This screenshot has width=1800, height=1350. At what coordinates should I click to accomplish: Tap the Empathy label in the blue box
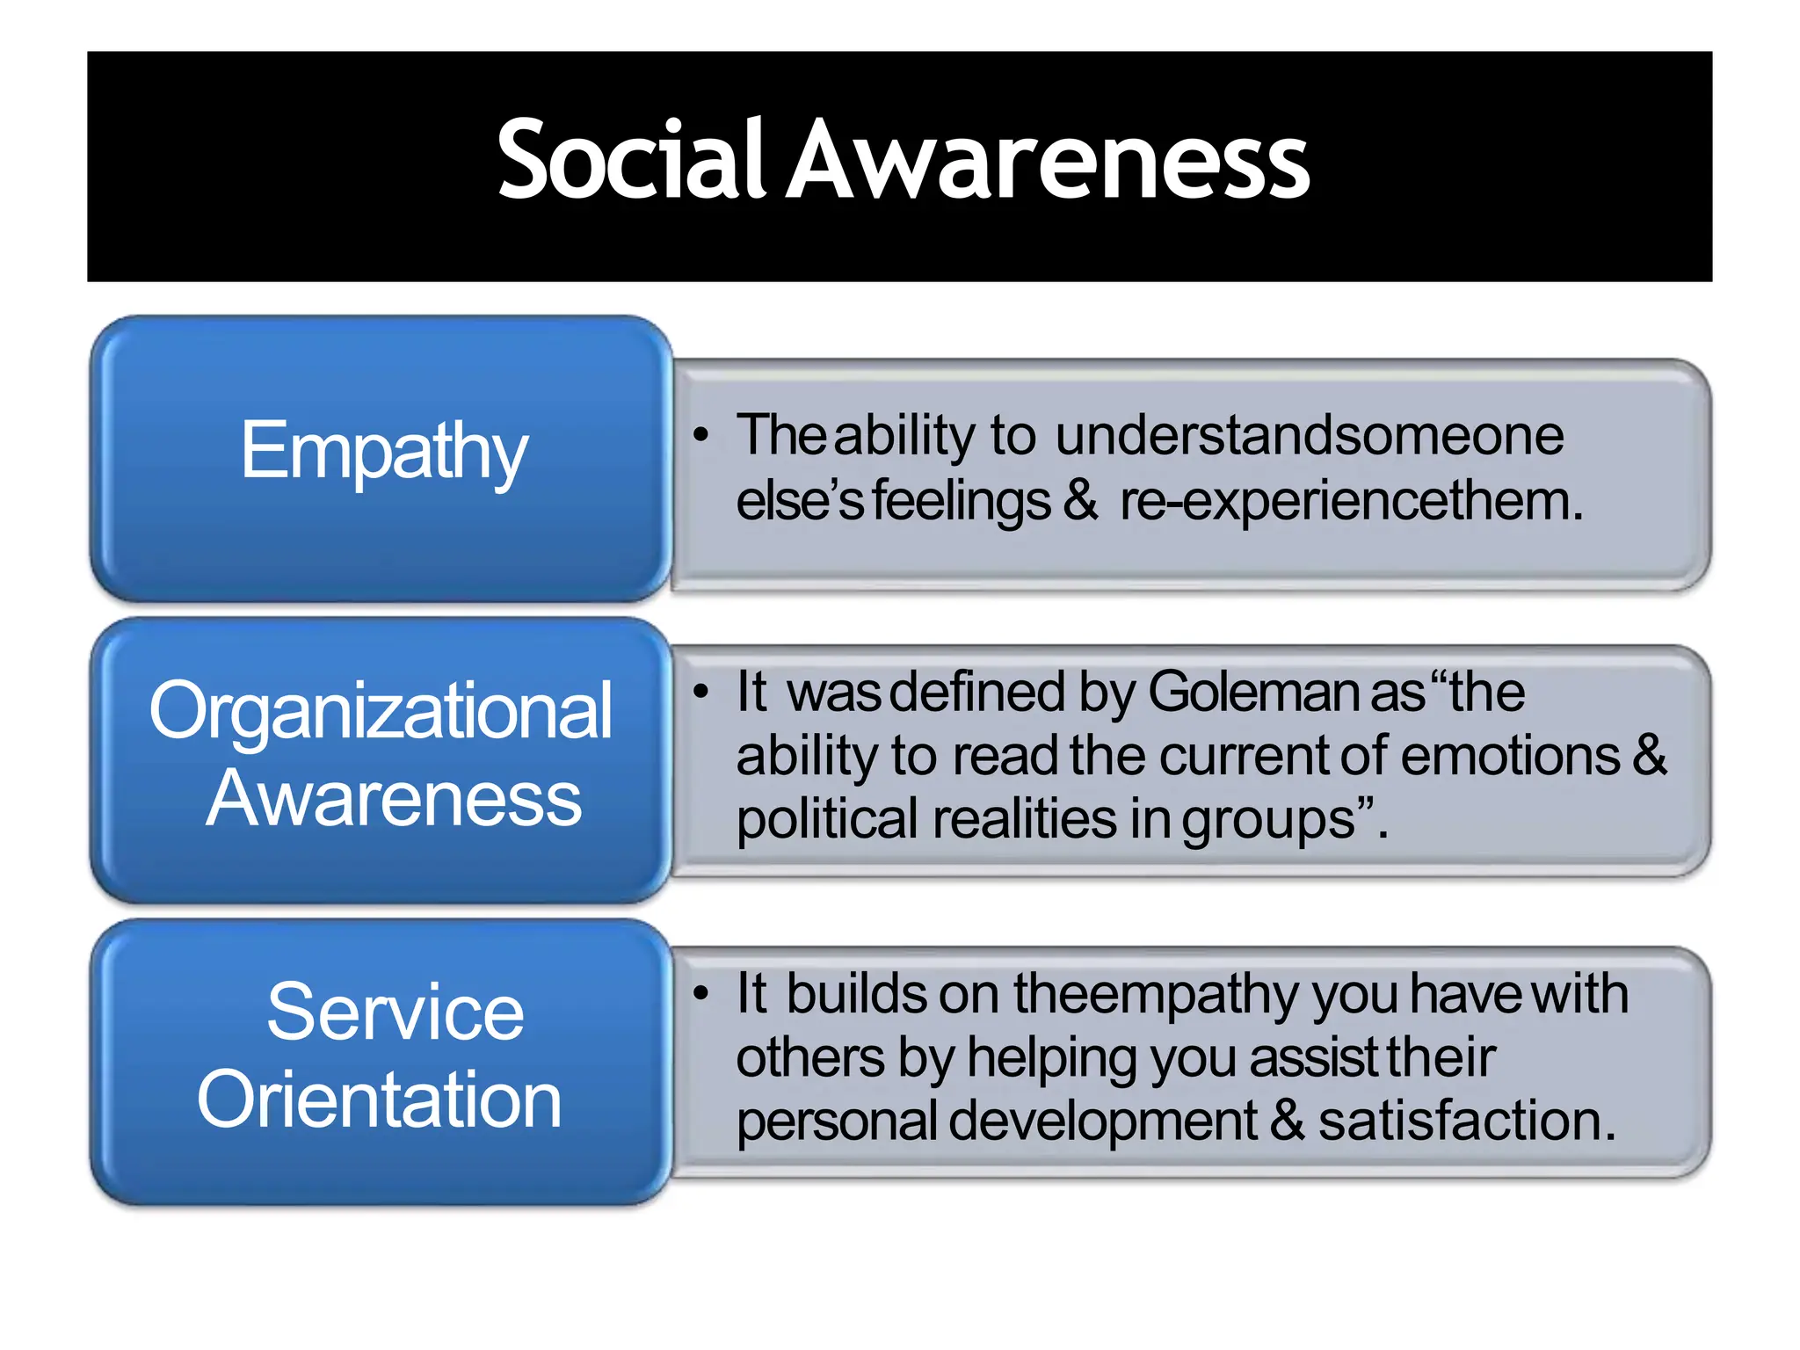[x=383, y=452]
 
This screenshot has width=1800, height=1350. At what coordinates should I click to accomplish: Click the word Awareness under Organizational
[x=393, y=798]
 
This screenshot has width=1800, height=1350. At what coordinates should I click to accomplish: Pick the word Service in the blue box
[x=395, y=1012]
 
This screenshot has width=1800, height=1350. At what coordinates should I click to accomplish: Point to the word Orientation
[x=379, y=1100]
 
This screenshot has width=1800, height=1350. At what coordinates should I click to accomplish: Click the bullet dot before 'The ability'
[x=700, y=435]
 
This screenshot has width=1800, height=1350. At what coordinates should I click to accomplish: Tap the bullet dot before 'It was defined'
[x=700, y=692]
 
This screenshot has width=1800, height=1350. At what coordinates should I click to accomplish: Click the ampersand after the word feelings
[x=1080, y=501]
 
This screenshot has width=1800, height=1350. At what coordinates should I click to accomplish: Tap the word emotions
[x=1509, y=756]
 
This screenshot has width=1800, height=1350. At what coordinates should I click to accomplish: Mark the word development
[x=1103, y=1121]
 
